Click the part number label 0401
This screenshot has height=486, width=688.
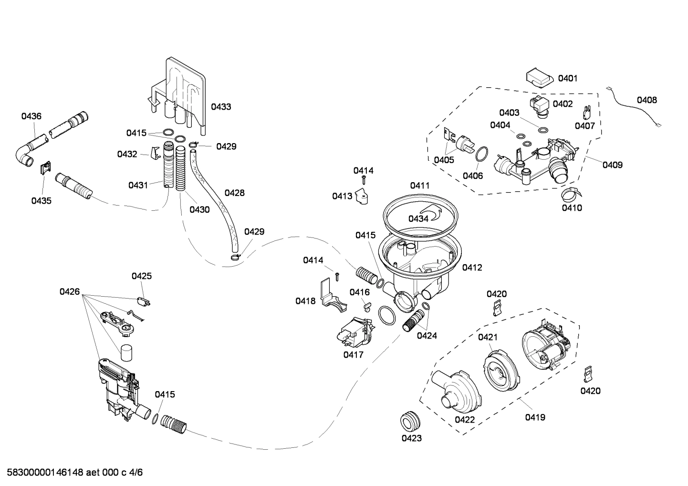(x=567, y=78)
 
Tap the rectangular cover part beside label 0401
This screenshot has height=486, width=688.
(x=539, y=77)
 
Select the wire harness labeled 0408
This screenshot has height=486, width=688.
(x=634, y=107)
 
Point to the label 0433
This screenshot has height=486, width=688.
(x=221, y=107)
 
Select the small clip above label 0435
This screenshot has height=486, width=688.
(x=44, y=168)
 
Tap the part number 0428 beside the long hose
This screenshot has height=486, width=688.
(x=234, y=193)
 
